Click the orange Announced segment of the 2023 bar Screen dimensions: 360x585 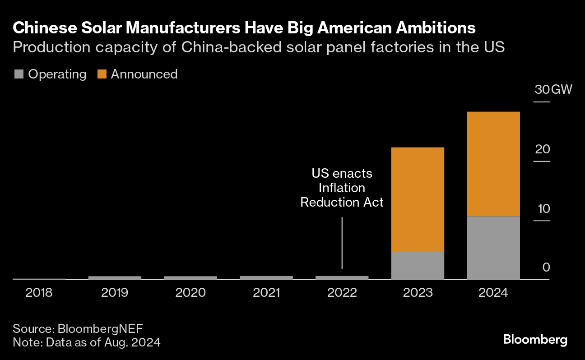click(418, 199)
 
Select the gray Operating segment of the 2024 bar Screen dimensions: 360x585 click(493, 248)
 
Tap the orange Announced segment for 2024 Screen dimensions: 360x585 click(493, 164)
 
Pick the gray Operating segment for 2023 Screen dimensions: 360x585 click(418, 265)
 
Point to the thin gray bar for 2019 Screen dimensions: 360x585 click(115, 277)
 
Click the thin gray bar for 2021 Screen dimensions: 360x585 click(266, 277)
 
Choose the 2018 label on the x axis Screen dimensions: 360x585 click(39, 293)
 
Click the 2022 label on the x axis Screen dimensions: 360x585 click(342, 293)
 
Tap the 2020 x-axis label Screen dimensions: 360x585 click(190, 293)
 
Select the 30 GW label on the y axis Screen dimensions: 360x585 click(553, 89)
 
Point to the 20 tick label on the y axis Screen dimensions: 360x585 click(542, 149)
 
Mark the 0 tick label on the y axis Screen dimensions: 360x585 click(546, 268)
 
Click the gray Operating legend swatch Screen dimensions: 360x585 click(18, 74)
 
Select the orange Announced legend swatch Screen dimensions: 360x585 click(102, 74)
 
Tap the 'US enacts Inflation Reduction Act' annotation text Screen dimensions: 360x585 click(342, 188)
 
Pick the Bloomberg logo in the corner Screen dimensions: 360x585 click(535, 339)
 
